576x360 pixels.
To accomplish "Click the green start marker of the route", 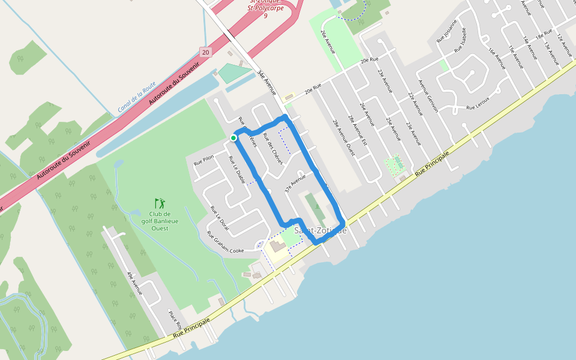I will [x=233, y=138].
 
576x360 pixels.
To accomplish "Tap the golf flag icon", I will [x=159, y=203].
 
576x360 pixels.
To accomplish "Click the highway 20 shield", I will [x=206, y=52].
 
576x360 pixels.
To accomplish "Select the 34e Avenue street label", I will [x=266, y=83].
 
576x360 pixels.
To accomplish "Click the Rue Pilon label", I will [x=203, y=160].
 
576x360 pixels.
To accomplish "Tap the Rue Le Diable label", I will [x=236, y=170].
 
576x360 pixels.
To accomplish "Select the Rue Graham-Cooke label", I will [x=226, y=242].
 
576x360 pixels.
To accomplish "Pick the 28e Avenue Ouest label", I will [x=344, y=138].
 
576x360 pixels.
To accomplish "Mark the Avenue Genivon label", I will [x=428, y=96].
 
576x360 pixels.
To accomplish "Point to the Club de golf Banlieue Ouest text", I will [x=160, y=221].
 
